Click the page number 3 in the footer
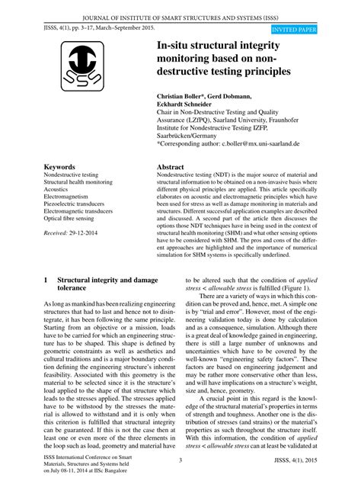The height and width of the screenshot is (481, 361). coord(180,460)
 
